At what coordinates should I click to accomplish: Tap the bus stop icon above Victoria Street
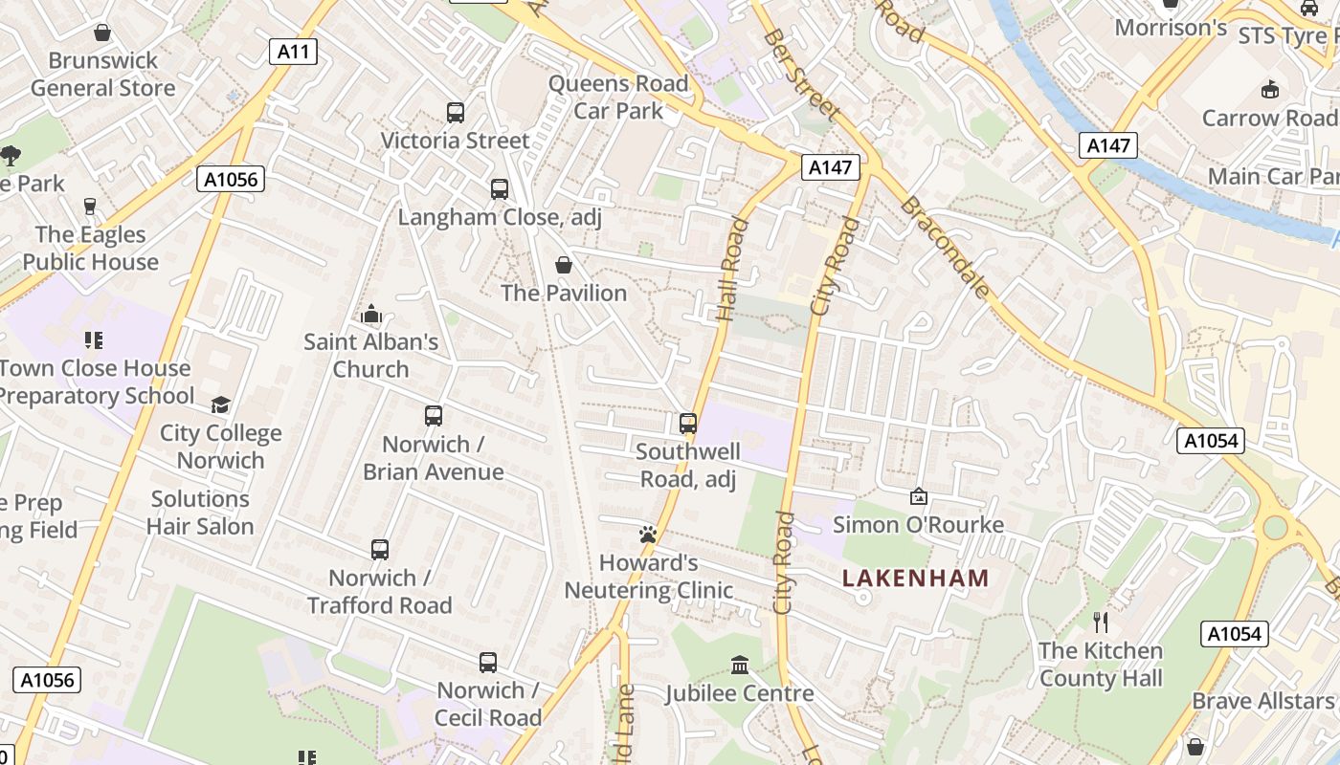coord(456,113)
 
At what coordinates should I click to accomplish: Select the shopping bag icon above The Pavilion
coord(564,265)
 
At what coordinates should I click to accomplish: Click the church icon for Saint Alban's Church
coord(371,314)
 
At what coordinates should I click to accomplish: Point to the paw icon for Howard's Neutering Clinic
coord(648,535)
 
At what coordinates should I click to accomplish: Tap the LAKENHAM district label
coord(915,578)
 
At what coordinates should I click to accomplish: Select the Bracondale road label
coord(944,247)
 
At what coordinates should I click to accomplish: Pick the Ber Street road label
coord(801,75)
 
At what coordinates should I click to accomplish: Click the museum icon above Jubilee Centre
coord(740,665)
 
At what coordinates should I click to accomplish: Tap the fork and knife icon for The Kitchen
coord(1101,623)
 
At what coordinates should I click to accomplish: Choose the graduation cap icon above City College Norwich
coord(221,404)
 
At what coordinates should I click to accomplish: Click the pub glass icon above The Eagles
coord(90,207)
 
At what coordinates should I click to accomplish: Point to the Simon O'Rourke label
coord(918,524)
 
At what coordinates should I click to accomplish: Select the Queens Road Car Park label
coord(618,97)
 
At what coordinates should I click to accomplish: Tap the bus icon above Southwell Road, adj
coord(687,423)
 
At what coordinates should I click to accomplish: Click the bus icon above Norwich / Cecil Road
coord(488,662)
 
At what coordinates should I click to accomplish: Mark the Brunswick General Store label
coord(103,74)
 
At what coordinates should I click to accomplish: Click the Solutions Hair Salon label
coord(201,513)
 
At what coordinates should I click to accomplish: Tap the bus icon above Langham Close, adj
coord(500,189)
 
